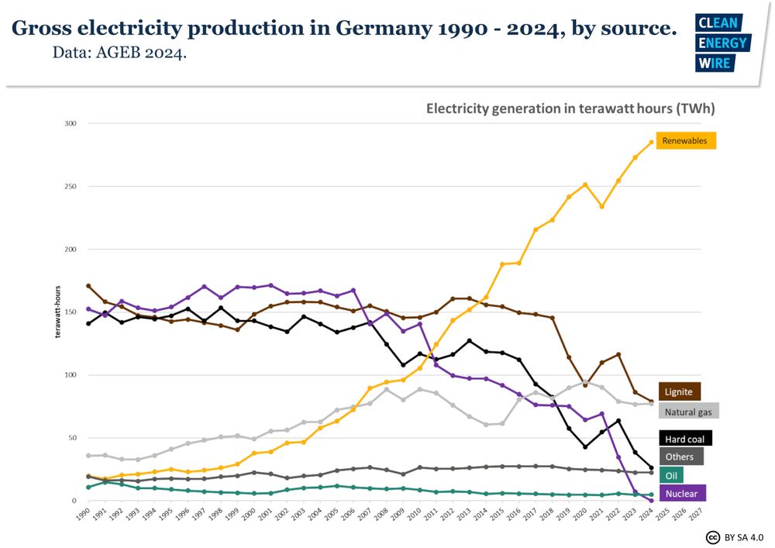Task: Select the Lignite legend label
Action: tap(680, 392)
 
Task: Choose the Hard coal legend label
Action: tap(685, 439)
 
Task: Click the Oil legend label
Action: tap(671, 475)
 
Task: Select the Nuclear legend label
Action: tap(681, 494)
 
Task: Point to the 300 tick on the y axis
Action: tap(71, 123)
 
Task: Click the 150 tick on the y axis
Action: tap(71, 312)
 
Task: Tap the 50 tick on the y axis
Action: tap(72, 438)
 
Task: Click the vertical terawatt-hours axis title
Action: tap(57, 313)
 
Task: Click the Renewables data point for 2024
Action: tap(651, 143)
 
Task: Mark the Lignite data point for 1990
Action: tap(88, 286)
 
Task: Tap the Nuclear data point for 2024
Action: tap(651, 500)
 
